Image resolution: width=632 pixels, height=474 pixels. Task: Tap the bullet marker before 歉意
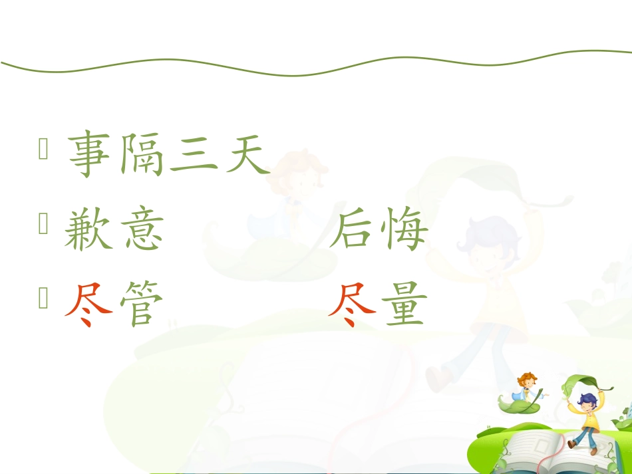tap(44, 226)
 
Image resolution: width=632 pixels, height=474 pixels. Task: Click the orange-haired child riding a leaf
tap(528, 386)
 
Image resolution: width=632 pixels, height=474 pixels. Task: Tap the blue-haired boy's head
tap(586, 401)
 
